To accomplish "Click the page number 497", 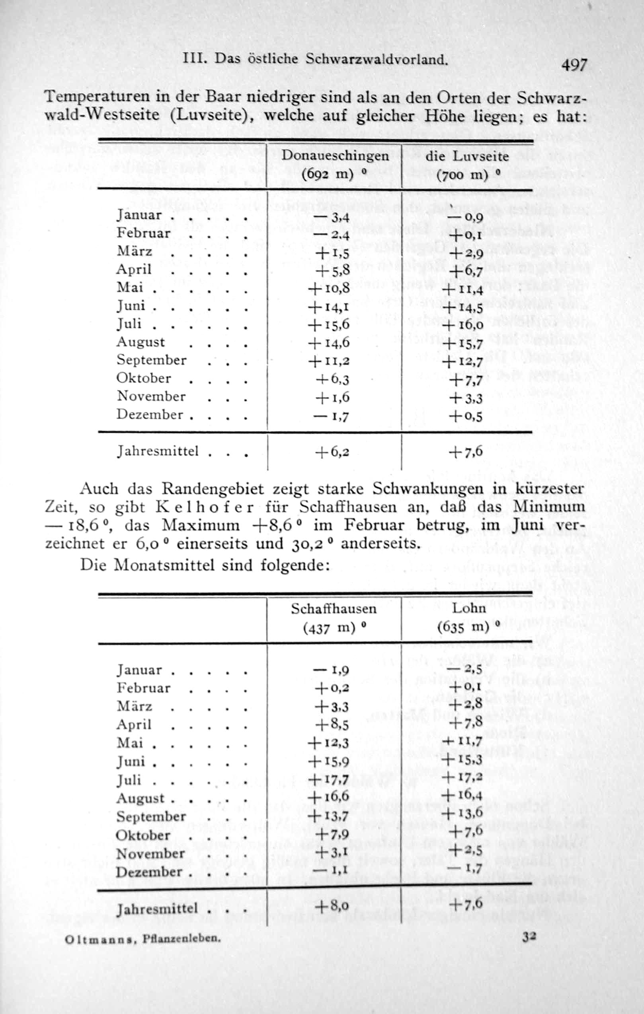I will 574,65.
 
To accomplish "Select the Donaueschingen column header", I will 335,156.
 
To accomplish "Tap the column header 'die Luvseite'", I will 467,156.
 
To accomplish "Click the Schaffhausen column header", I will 334,609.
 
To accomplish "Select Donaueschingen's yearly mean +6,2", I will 332,453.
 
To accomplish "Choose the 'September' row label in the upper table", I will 151,360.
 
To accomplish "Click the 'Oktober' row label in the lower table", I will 143,835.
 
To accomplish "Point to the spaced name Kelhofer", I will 205,507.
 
